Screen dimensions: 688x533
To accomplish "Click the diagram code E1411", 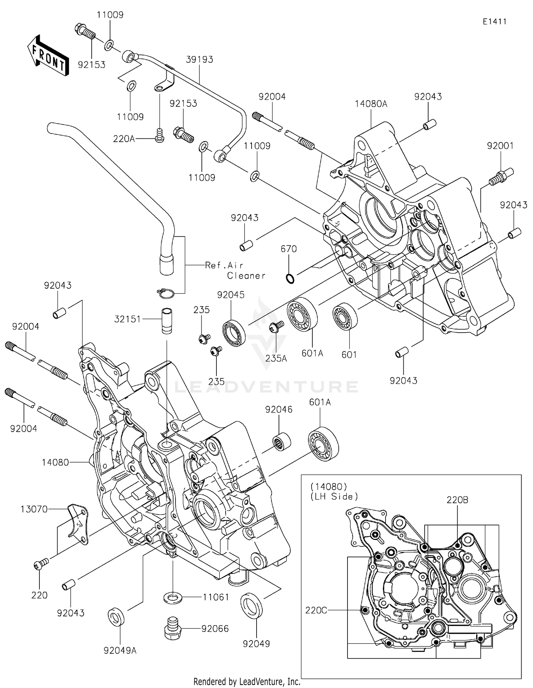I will tap(494, 22).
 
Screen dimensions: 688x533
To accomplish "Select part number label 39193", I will tap(199, 59).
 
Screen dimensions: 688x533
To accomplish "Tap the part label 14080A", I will tap(371, 104).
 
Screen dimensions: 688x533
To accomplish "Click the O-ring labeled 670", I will tap(290, 279).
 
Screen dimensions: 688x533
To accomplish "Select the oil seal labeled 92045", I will tap(234, 333).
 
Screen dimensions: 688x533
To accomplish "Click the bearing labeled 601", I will tap(345, 317).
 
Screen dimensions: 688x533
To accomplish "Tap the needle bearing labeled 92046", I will tap(282, 442).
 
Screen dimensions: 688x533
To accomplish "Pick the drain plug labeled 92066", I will tap(173, 629).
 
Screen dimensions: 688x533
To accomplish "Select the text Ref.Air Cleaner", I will tap(235, 270).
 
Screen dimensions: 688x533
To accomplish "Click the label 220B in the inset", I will tap(457, 500).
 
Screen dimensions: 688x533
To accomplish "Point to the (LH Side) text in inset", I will tap(334, 496).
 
